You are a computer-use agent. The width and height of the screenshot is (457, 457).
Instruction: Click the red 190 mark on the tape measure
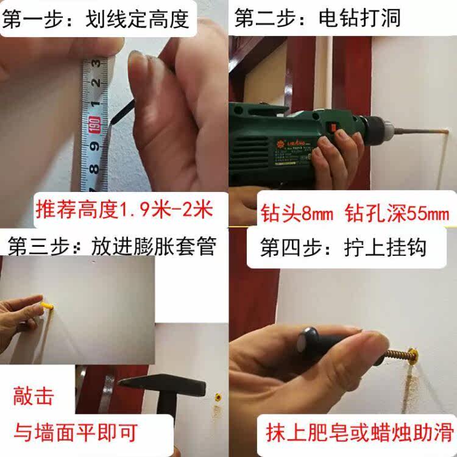click(94, 124)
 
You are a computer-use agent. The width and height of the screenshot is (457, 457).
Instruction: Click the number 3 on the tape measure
click(95, 63)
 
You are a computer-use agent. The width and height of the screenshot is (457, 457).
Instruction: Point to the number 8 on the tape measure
click(94, 169)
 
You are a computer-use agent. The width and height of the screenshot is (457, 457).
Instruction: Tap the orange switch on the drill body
click(332, 127)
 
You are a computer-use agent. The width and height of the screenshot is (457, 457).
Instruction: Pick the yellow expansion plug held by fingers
click(47, 306)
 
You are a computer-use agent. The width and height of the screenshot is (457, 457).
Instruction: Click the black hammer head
click(163, 384)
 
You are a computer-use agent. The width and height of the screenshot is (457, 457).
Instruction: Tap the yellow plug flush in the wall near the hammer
click(218, 397)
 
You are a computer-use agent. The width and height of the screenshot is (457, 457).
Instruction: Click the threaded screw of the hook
click(399, 355)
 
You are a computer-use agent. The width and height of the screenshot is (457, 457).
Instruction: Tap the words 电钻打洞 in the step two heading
click(360, 18)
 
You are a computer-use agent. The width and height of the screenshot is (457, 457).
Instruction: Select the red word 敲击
click(34, 396)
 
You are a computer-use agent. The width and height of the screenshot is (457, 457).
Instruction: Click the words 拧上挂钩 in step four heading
click(385, 247)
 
